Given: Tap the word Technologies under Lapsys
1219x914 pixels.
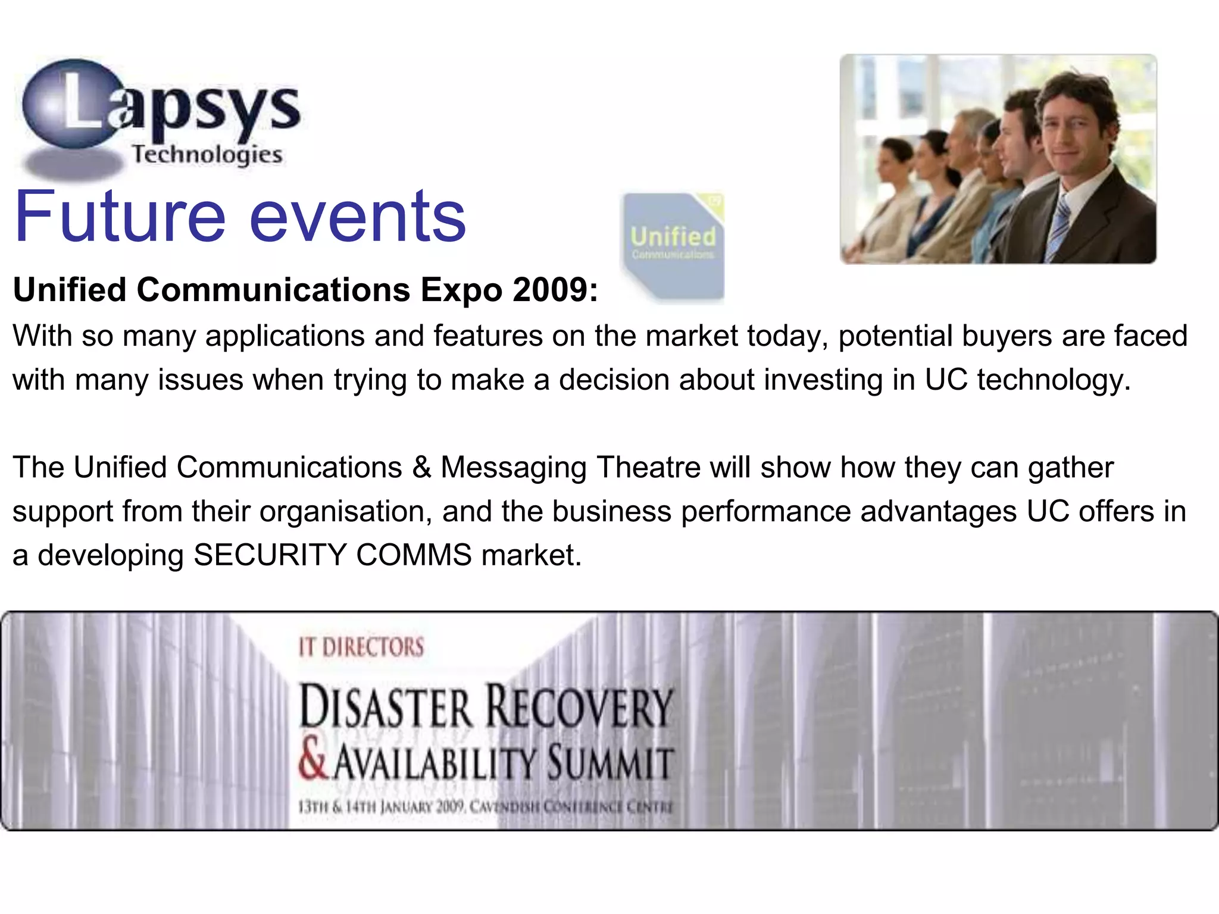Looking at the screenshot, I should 207,155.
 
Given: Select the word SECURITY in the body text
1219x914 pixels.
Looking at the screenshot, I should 270,555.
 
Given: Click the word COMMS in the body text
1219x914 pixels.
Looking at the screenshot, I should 414,555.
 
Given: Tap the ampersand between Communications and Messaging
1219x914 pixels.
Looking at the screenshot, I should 421,467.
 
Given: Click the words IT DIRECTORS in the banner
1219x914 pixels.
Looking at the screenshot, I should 361,647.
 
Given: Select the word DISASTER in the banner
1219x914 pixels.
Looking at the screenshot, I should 386,708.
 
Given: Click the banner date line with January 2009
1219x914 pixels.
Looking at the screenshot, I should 485,807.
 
